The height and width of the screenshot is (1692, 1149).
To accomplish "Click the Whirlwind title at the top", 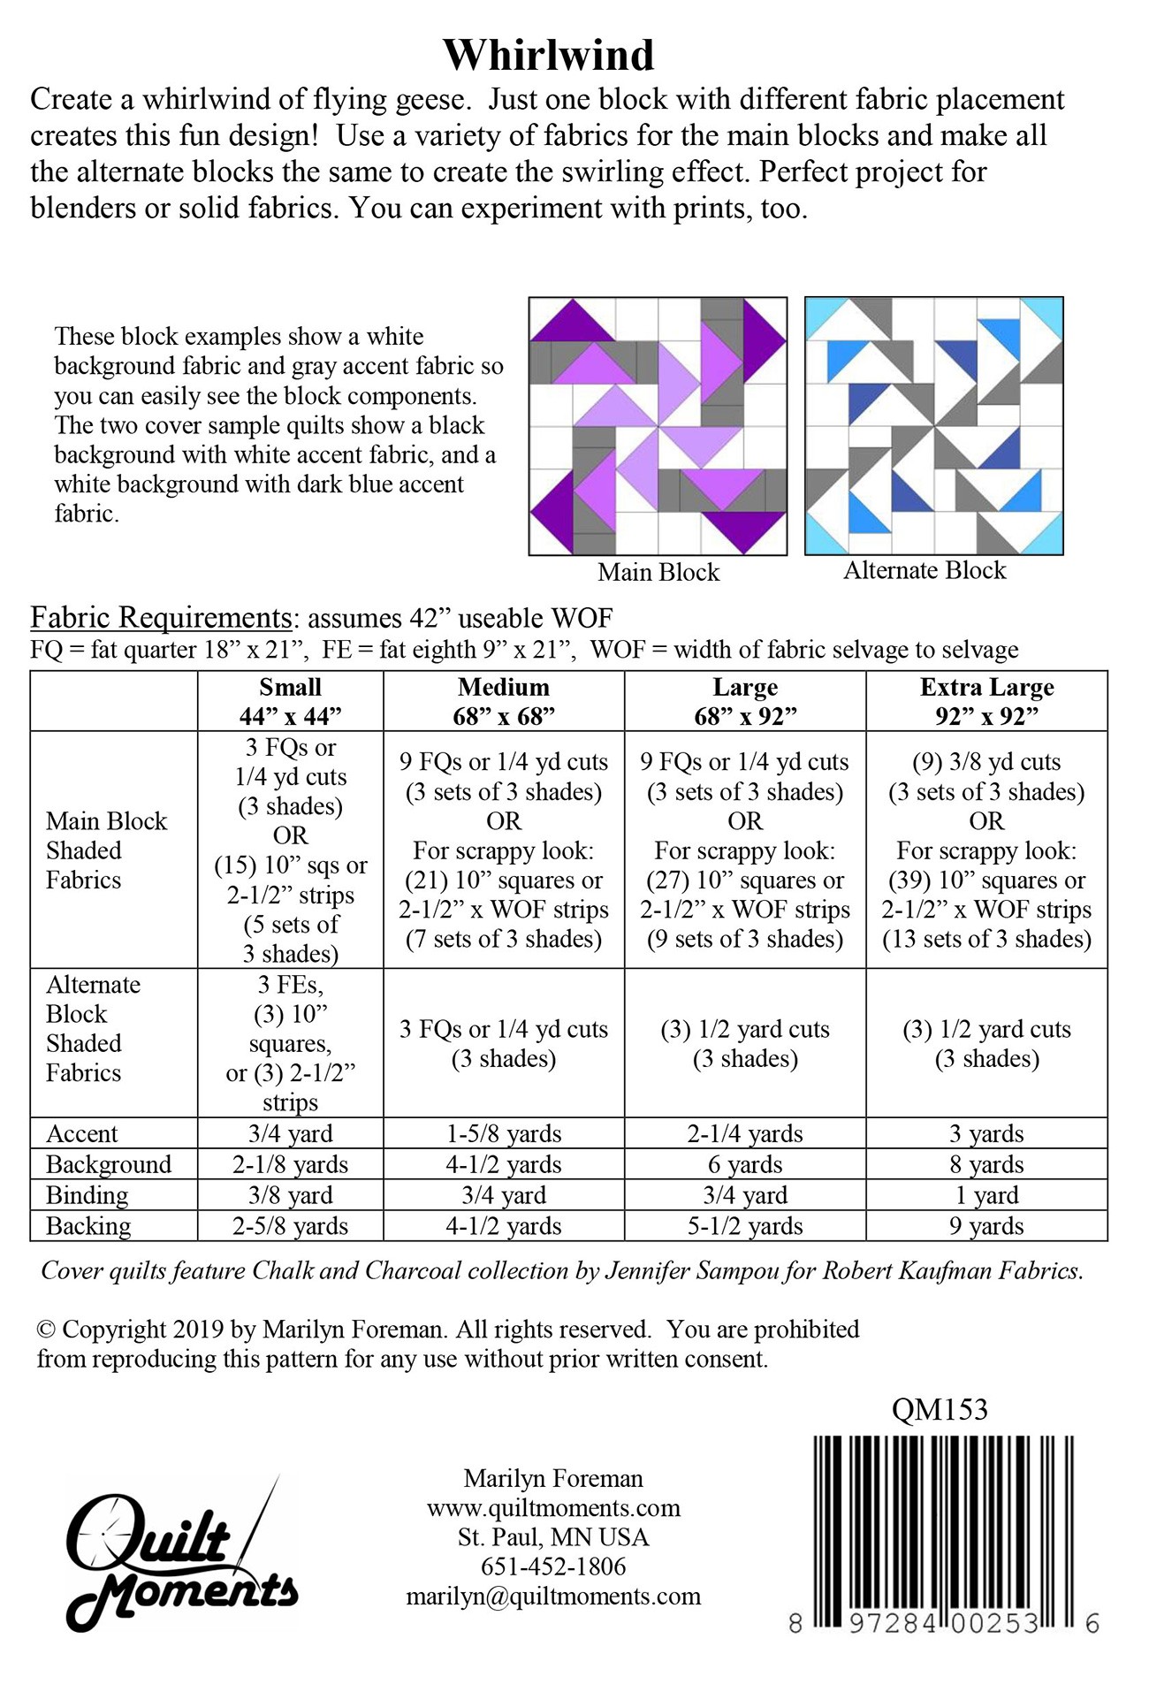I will [548, 55].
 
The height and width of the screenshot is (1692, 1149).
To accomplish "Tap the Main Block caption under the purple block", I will [658, 572].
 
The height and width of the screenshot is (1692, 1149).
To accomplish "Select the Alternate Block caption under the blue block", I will [925, 570].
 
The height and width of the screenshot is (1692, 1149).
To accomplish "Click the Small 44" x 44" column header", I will [290, 701].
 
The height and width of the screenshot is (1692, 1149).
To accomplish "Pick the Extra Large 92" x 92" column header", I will [986, 701].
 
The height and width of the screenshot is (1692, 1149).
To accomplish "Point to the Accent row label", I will [81, 1133].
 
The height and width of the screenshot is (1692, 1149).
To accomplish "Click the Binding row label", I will [87, 1195].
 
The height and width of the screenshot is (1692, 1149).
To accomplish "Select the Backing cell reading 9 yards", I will [986, 1226].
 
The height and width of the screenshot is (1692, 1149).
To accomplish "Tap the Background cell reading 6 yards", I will [745, 1164].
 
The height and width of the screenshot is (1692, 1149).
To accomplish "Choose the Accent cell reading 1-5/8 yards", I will [504, 1133].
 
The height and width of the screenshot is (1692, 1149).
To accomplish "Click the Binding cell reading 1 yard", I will [986, 1195].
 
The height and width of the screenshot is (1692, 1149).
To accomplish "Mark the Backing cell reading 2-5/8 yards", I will [290, 1226].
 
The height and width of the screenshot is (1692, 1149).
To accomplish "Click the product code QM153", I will [940, 1409].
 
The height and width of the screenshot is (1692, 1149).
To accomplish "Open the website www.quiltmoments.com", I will [553, 1508].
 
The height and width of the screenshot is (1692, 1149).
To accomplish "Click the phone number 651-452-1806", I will [553, 1566].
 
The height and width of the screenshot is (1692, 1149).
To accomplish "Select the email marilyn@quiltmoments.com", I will [553, 1597].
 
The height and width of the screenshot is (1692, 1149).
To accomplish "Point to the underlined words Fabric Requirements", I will [161, 617].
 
